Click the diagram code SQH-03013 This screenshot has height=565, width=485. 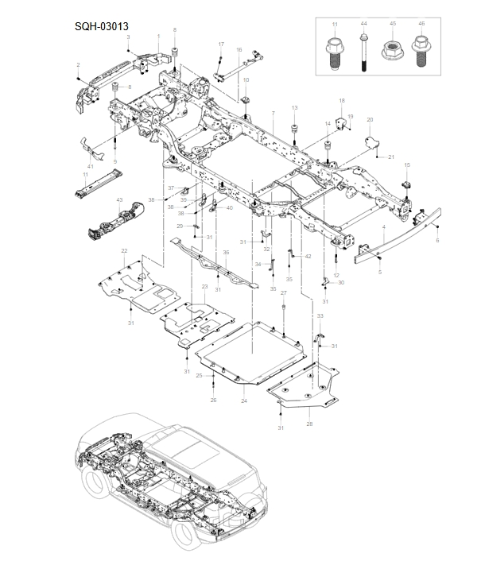[103, 25]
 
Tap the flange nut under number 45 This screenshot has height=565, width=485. [392, 52]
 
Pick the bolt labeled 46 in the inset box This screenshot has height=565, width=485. [421, 52]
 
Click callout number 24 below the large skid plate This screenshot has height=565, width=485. [244, 401]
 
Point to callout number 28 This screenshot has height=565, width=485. [309, 424]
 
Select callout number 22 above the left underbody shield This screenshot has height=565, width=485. [124, 251]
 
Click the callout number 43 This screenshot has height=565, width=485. [119, 199]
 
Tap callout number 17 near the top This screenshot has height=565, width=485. [221, 44]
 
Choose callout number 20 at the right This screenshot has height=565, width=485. [370, 119]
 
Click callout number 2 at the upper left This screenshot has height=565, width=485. [78, 64]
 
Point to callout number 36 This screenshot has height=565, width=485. [226, 253]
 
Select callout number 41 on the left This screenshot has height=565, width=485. [91, 166]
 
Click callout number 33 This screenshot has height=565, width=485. [320, 316]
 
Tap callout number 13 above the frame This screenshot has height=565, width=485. [294, 107]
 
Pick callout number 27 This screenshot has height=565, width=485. [283, 293]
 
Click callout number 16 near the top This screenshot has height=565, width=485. [239, 50]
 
